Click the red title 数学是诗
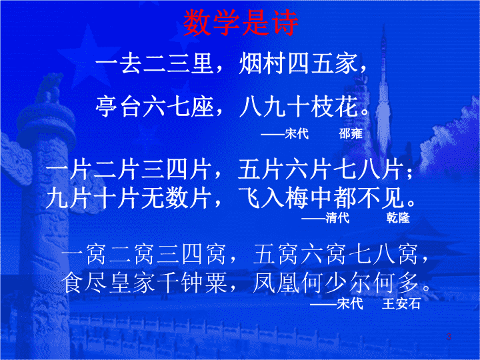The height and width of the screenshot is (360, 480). (x=241, y=23)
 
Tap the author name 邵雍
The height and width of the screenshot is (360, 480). (x=351, y=133)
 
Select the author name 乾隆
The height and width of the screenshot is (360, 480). (x=398, y=217)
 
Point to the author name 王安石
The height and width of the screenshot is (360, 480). (x=401, y=303)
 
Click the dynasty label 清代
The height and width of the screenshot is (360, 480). (x=337, y=217)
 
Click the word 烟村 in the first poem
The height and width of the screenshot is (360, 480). (x=263, y=64)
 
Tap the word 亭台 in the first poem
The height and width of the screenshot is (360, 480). (x=119, y=106)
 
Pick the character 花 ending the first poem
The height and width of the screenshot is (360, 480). (x=347, y=106)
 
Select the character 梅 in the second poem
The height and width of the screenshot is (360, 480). (x=297, y=198)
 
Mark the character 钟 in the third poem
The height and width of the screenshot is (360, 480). (x=192, y=282)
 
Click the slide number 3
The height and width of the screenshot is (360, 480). (x=449, y=337)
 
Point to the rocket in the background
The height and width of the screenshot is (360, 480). (x=383, y=89)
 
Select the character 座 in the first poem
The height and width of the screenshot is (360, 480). (x=202, y=106)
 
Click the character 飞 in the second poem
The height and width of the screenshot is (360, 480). (x=250, y=198)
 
